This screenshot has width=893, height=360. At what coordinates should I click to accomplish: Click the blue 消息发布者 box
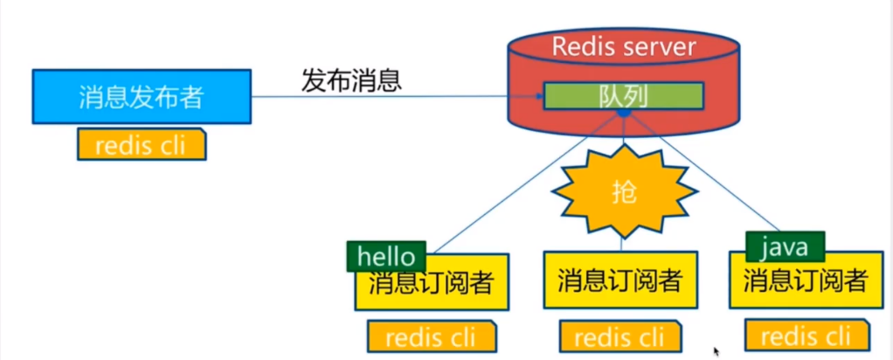141,97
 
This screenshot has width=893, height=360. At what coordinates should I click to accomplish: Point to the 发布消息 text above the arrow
351,81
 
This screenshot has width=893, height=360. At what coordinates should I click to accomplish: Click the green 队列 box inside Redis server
624,96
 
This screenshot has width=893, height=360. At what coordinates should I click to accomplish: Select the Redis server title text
623,46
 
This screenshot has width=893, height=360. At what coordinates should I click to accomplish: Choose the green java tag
784,247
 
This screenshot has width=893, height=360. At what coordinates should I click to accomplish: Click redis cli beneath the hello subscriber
432,336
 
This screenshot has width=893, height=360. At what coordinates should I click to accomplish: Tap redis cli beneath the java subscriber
806,335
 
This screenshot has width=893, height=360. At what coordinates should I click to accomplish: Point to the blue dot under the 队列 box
623,114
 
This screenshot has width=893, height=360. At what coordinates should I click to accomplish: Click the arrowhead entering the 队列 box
537,96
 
